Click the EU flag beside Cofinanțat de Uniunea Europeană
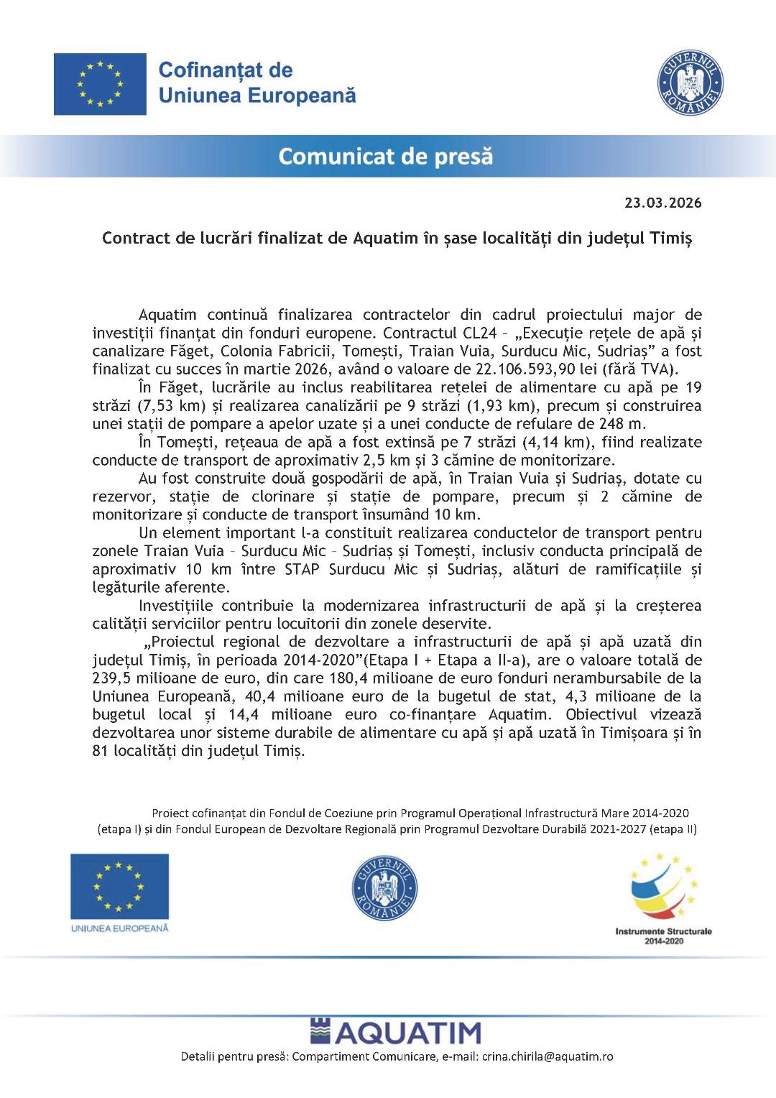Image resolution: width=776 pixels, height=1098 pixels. [x=100, y=84]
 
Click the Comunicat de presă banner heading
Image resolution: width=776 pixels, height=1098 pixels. [x=386, y=156]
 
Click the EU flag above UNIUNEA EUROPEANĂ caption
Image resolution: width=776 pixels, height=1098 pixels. [x=119, y=886]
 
